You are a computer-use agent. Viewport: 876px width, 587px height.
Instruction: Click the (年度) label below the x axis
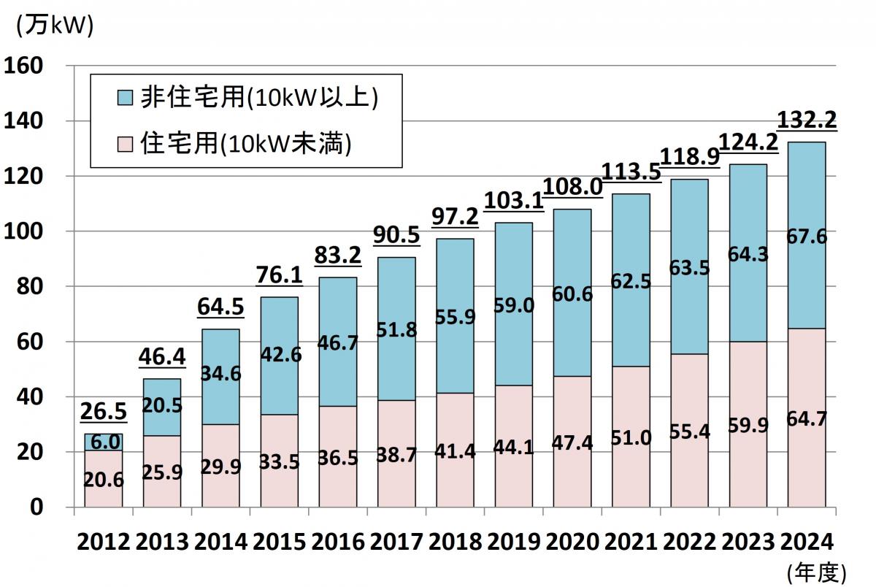point(816,572)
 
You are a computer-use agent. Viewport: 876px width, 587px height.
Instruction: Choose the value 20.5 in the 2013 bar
point(162,407)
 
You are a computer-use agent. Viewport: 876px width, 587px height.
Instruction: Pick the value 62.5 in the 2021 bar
point(631,280)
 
